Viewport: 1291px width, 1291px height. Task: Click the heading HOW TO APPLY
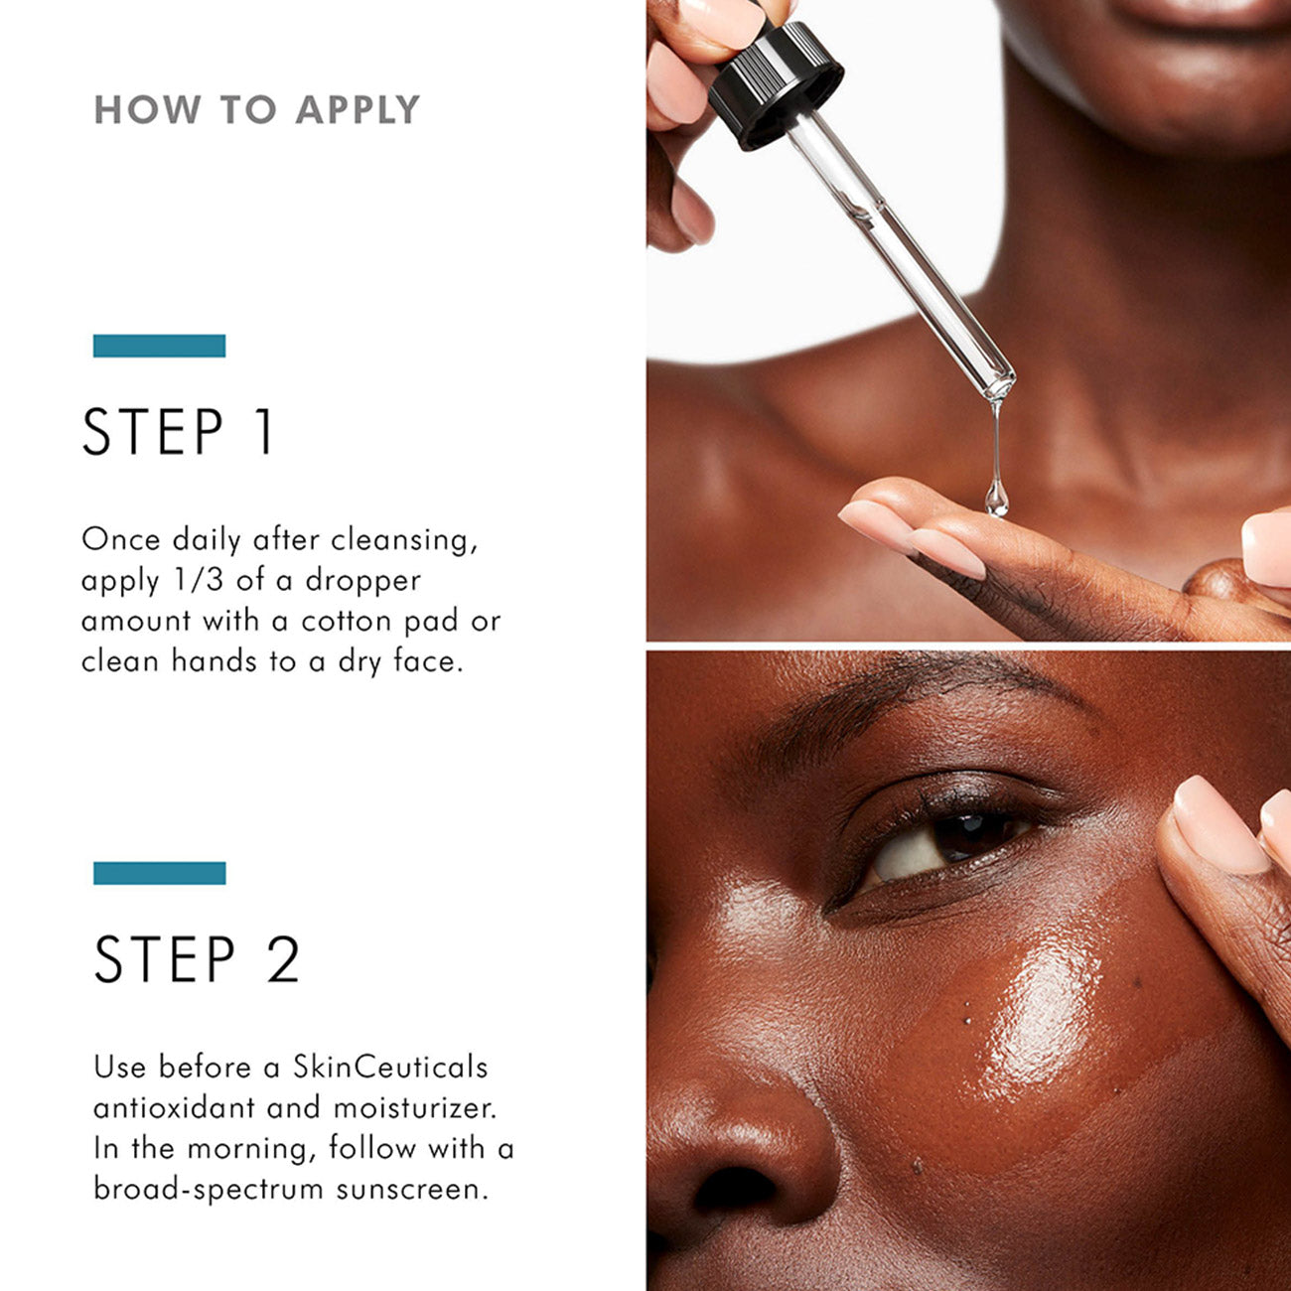click(257, 109)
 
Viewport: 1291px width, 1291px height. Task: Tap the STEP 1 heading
click(178, 432)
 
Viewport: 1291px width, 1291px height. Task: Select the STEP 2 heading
click(197, 959)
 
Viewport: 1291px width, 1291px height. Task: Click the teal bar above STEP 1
click(159, 346)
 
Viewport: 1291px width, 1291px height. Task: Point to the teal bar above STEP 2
click(159, 873)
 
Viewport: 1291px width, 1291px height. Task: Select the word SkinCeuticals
click(390, 1067)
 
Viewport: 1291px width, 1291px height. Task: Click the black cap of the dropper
click(776, 84)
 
